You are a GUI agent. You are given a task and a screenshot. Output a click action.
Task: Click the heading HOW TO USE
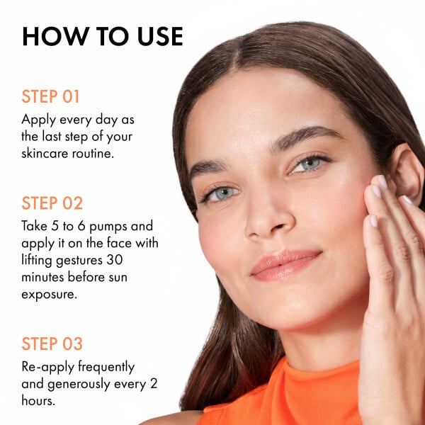pos(103,36)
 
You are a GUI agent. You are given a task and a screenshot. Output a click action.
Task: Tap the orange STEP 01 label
pos(51,96)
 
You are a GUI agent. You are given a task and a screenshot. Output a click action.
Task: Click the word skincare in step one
pos(47,154)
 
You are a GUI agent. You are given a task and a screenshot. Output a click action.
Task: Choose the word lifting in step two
pos(40,260)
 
